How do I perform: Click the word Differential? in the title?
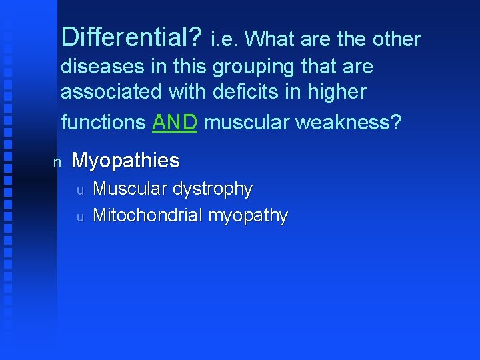131,38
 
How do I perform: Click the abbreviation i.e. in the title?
224,39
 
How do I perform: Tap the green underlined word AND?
175,122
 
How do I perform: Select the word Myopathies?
125,161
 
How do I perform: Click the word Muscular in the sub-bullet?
130,189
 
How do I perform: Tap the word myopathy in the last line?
248,217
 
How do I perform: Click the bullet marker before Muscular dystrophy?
79,191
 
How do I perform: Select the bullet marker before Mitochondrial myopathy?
79,217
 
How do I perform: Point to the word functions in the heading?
103,122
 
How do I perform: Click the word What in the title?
271,39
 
